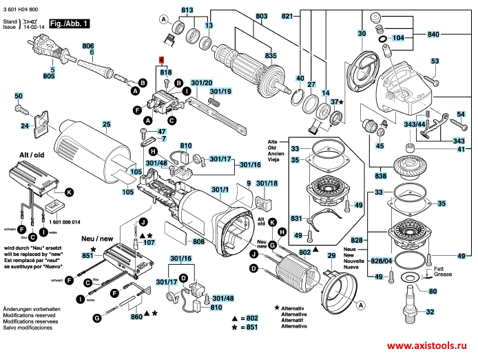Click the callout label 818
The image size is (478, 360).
point(165,72)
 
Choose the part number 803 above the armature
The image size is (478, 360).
point(242,16)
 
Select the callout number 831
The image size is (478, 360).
point(297,219)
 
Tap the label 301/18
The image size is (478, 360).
point(267,184)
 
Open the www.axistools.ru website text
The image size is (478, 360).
point(428,347)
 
